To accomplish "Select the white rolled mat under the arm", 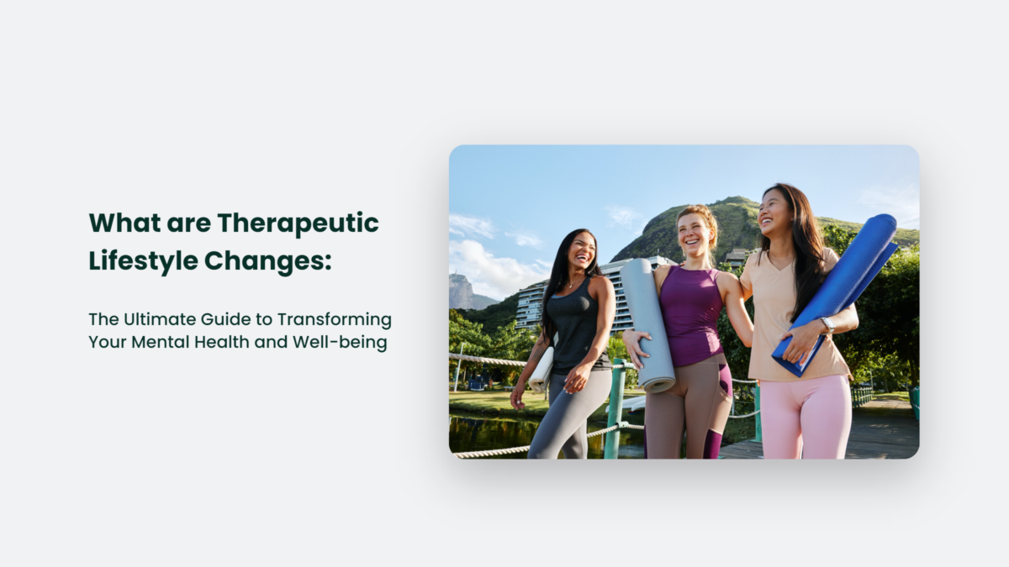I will (x=541, y=370).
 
